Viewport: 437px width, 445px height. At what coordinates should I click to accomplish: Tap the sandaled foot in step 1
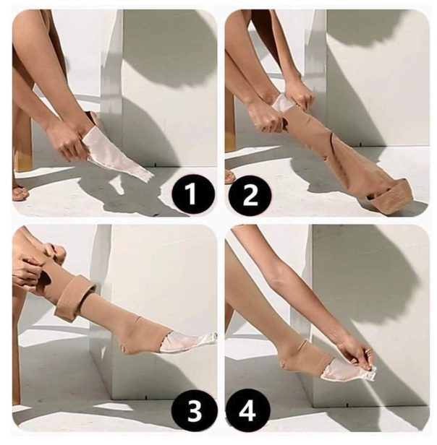tap(20, 192)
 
